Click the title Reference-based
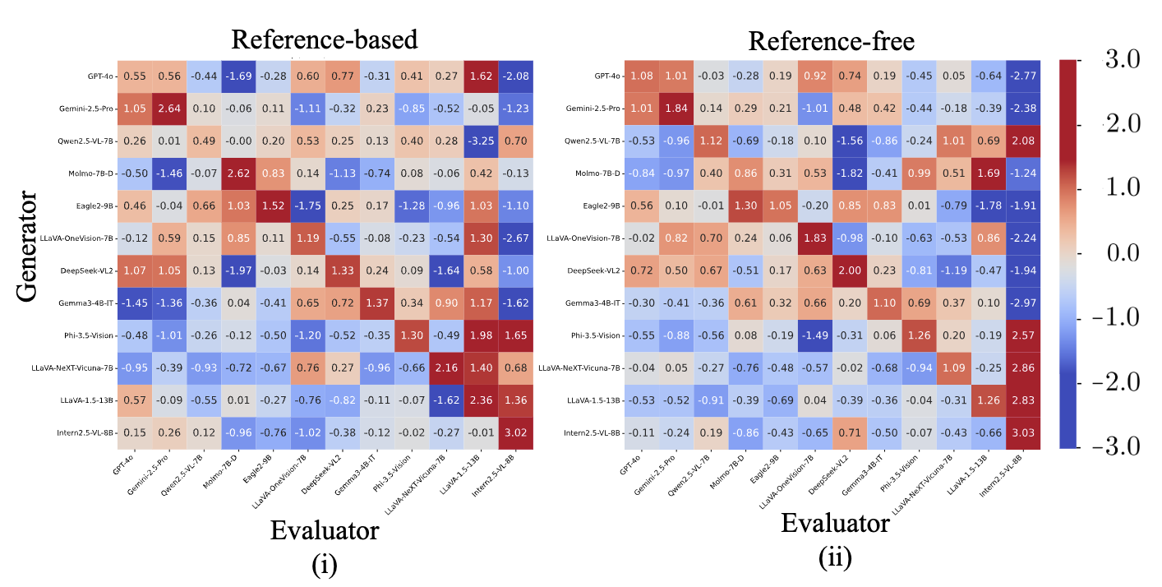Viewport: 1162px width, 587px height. coord(325,39)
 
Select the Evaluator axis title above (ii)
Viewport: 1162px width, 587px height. coord(835,523)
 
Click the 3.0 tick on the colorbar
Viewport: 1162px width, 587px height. coord(1121,60)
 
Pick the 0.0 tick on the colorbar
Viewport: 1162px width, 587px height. coord(1121,253)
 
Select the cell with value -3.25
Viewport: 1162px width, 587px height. coord(481,141)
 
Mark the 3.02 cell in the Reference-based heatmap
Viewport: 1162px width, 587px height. coord(516,432)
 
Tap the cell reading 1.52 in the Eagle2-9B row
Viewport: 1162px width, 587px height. coord(273,206)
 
